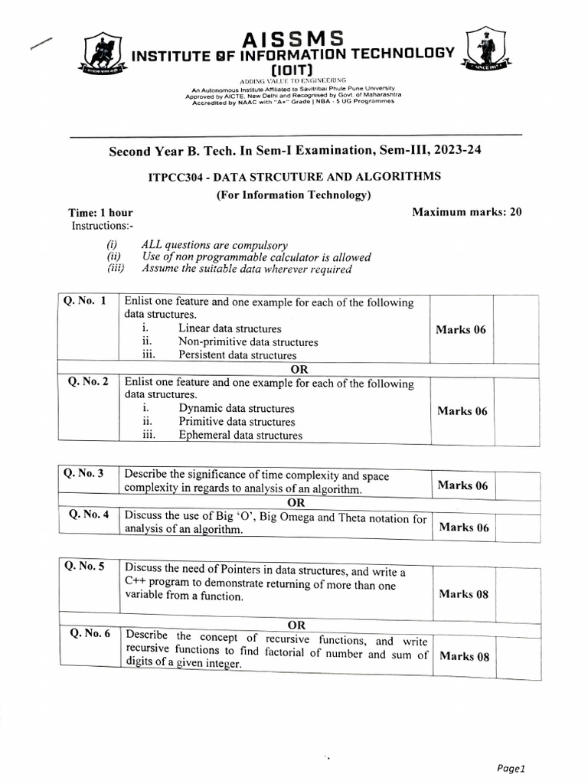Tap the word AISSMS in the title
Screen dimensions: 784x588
(x=293, y=38)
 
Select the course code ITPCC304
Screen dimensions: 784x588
(x=178, y=177)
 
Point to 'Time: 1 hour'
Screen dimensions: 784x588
(x=100, y=213)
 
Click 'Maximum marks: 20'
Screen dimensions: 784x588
(x=467, y=212)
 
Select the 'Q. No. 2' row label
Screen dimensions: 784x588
(x=88, y=381)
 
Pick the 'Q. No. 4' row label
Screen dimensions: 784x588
(x=90, y=514)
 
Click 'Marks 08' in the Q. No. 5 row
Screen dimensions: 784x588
(x=464, y=594)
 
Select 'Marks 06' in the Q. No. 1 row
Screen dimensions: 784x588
(x=461, y=330)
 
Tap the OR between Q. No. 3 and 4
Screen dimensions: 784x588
(x=296, y=503)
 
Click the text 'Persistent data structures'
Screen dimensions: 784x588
(x=237, y=355)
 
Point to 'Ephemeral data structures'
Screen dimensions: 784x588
(x=240, y=436)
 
